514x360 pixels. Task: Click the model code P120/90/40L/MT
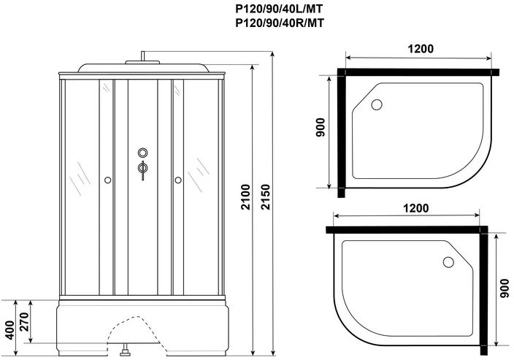tap(280, 9)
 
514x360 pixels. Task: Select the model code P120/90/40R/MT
tap(280, 23)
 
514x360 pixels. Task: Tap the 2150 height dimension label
tap(265, 196)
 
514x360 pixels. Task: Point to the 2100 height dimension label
tap(245, 196)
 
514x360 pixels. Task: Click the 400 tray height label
tap(10, 330)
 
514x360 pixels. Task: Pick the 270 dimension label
tap(25, 322)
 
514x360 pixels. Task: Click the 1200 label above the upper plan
tap(421, 49)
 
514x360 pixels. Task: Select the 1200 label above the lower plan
tap(415, 208)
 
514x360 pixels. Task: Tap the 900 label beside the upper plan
tap(320, 128)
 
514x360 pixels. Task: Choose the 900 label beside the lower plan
tap(505, 288)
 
